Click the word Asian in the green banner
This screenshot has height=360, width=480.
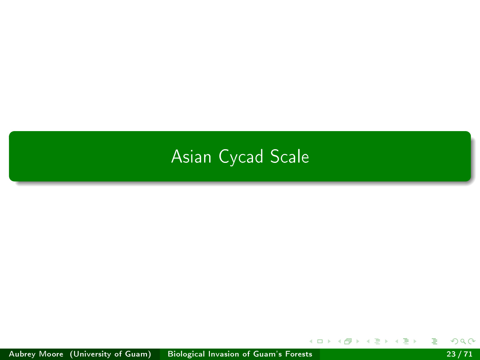tap(191, 156)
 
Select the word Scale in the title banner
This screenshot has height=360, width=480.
tap(290, 156)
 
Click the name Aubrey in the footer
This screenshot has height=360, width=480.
tap(22, 354)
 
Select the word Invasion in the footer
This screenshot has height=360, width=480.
tap(223, 354)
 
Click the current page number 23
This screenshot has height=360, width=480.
tap(451, 354)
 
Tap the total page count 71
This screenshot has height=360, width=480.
tap(468, 354)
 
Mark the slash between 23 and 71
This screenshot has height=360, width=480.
tap(460, 354)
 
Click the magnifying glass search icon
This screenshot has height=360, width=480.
tap(463, 341)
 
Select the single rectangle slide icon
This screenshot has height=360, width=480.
tap(320, 341)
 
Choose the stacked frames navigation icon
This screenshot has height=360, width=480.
tap(348, 341)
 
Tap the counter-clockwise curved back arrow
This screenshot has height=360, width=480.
tap(454, 341)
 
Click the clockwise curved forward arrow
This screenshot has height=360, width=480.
tap(472, 341)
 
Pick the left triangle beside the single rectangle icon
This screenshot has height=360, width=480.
tap(311, 341)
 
